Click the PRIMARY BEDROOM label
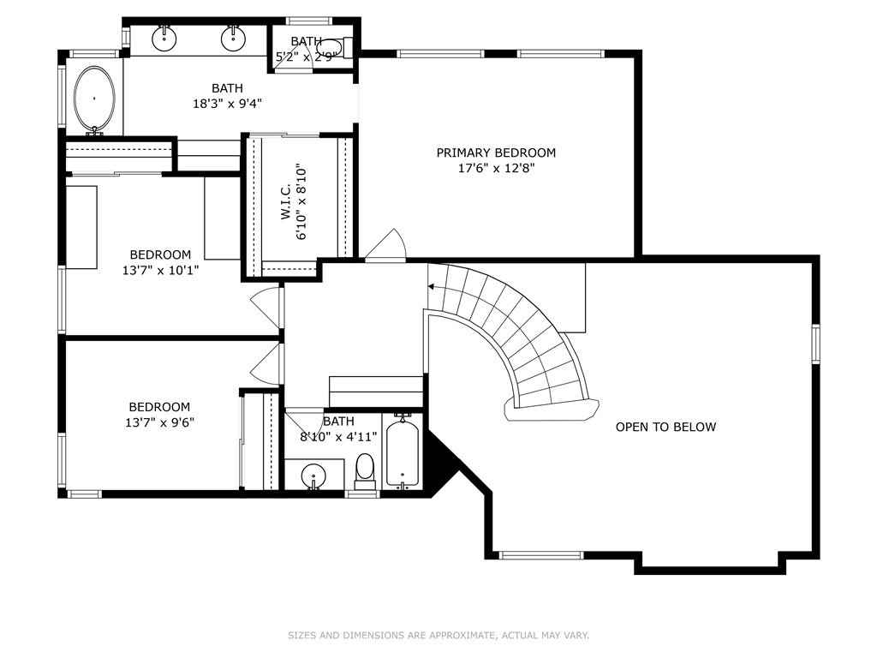496,153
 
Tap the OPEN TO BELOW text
665,427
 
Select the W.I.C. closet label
286,202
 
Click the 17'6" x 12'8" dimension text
497,168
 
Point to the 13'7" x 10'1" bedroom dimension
160,270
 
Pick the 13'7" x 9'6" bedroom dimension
159,422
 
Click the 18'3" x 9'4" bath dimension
227,104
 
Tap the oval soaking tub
94,99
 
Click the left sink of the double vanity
164,38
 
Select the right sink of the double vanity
233,38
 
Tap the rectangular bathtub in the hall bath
403,452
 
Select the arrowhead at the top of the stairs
432,286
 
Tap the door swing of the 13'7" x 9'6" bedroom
265,364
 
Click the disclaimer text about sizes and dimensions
438,635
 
